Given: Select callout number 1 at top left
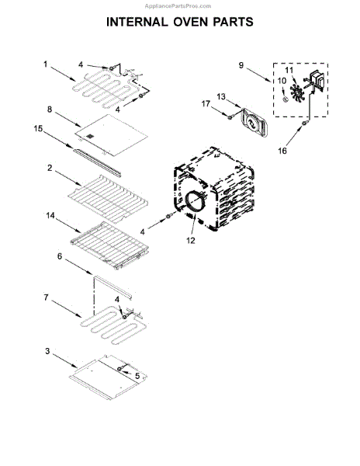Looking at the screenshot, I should pos(47,64).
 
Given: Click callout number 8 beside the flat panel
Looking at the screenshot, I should pos(50,110).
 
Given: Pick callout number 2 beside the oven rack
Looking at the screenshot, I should pos(49,168).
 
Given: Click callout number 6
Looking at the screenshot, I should pos(58,256).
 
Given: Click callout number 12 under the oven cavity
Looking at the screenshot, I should pos(191,240).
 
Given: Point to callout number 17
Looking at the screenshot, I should pos(206,103).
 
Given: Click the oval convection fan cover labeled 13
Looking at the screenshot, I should pos(251,120).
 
